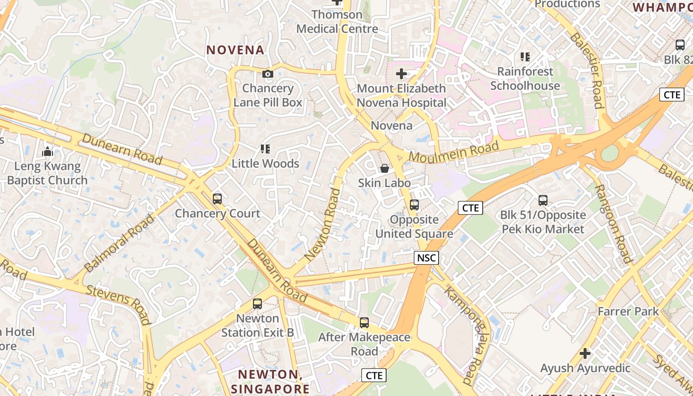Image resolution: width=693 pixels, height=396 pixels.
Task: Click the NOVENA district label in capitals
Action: click(235, 50)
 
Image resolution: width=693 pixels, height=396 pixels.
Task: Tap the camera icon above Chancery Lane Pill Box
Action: click(268, 74)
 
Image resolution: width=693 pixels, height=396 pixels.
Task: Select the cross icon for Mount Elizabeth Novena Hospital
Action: click(401, 74)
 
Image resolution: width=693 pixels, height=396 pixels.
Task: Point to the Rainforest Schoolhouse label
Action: click(525, 78)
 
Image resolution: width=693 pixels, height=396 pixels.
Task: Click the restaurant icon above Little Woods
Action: click(265, 149)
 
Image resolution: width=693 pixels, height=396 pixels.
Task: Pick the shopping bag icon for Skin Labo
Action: click(385, 169)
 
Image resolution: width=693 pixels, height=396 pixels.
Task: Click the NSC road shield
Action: click(426, 257)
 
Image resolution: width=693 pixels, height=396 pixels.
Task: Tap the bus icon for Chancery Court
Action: click(217, 199)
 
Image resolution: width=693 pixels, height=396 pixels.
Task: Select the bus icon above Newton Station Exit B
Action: click(257, 304)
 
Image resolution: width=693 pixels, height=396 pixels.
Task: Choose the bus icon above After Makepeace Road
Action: click(364, 323)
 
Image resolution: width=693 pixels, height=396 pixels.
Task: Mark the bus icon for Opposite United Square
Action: click(414, 205)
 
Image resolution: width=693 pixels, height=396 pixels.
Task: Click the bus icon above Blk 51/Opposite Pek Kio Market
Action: click(543, 200)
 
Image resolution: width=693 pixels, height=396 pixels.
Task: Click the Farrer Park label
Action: click(628, 311)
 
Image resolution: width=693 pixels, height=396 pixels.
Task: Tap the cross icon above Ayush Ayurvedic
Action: click(585, 353)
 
